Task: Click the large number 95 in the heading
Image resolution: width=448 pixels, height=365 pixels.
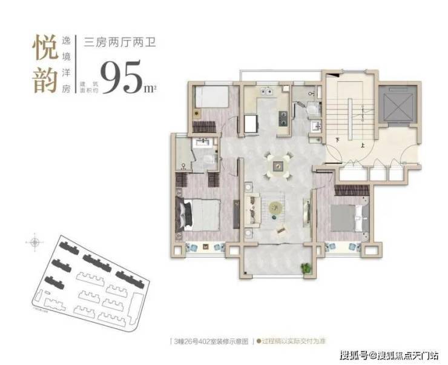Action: (x=120, y=77)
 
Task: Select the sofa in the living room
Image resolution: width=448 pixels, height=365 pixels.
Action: (x=251, y=207)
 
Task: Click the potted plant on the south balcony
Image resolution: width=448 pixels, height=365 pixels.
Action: (x=306, y=267)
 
